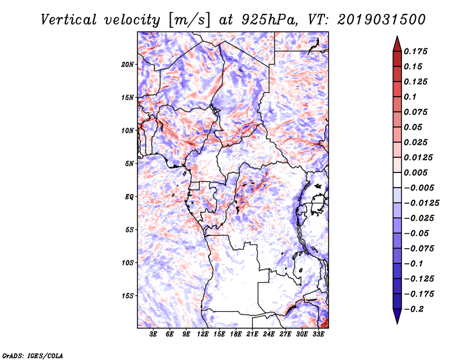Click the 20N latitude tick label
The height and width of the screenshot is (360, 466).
pyautogui.click(x=128, y=64)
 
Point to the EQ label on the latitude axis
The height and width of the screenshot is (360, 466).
pyautogui.click(x=129, y=197)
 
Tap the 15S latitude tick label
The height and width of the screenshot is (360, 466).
pyautogui.click(x=128, y=296)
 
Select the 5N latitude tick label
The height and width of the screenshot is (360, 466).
pyautogui.click(x=129, y=164)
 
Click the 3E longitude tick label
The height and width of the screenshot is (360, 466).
pyautogui.click(x=154, y=335)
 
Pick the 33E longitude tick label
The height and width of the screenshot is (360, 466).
pyautogui.click(x=319, y=335)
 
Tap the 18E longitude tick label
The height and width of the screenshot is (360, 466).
pyautogui.click(x=236, y=335)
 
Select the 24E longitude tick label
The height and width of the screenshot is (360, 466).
pyautogui.click(x=269, y=335)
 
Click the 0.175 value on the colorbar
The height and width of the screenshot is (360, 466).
pyautogui.click(x=416, y=51)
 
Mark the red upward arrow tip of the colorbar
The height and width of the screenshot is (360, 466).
pyautogui.click(x=397, y=38)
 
